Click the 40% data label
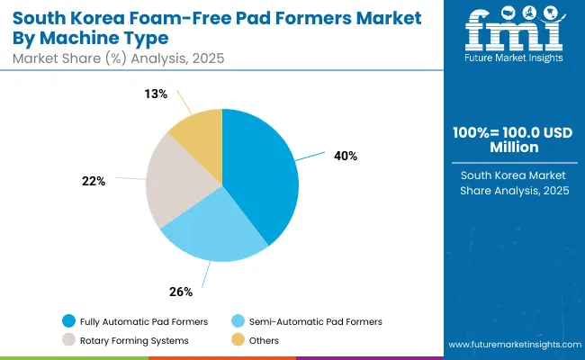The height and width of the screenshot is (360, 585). pos(345,156)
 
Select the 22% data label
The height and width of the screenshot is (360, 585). pos(94,181)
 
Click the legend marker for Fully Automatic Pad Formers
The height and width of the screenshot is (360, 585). pos(68,321)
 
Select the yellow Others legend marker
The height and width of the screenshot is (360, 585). pos(238,340)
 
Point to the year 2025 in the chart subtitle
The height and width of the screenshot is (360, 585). pos(205,58)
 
